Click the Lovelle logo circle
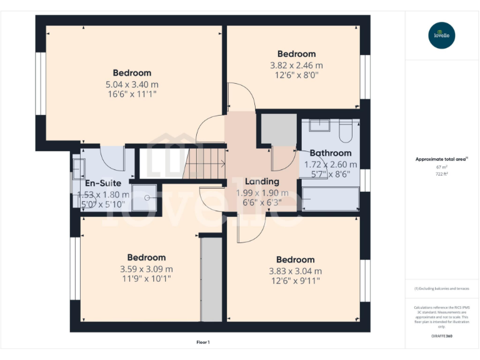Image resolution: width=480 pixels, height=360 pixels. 442,35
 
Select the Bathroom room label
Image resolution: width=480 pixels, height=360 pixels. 331,153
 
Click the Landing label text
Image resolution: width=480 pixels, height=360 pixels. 262,182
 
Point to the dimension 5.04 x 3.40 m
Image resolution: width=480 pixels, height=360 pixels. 132,84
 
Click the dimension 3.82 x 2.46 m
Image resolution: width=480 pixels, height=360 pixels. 296,65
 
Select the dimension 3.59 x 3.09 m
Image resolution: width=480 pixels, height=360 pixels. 146,269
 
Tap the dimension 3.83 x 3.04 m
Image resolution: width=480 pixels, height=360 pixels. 296,271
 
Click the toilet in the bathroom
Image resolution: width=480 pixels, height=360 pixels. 346,132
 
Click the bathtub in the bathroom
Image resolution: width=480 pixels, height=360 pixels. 331,199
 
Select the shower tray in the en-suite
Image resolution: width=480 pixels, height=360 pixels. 145,198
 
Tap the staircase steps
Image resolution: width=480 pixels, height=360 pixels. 206,164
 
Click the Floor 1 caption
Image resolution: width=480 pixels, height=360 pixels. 203,342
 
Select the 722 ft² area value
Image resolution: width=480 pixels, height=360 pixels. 441,174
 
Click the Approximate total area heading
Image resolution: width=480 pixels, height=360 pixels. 440,159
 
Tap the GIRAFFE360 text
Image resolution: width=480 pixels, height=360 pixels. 441,336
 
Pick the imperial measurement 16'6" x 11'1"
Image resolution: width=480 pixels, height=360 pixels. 132,94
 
